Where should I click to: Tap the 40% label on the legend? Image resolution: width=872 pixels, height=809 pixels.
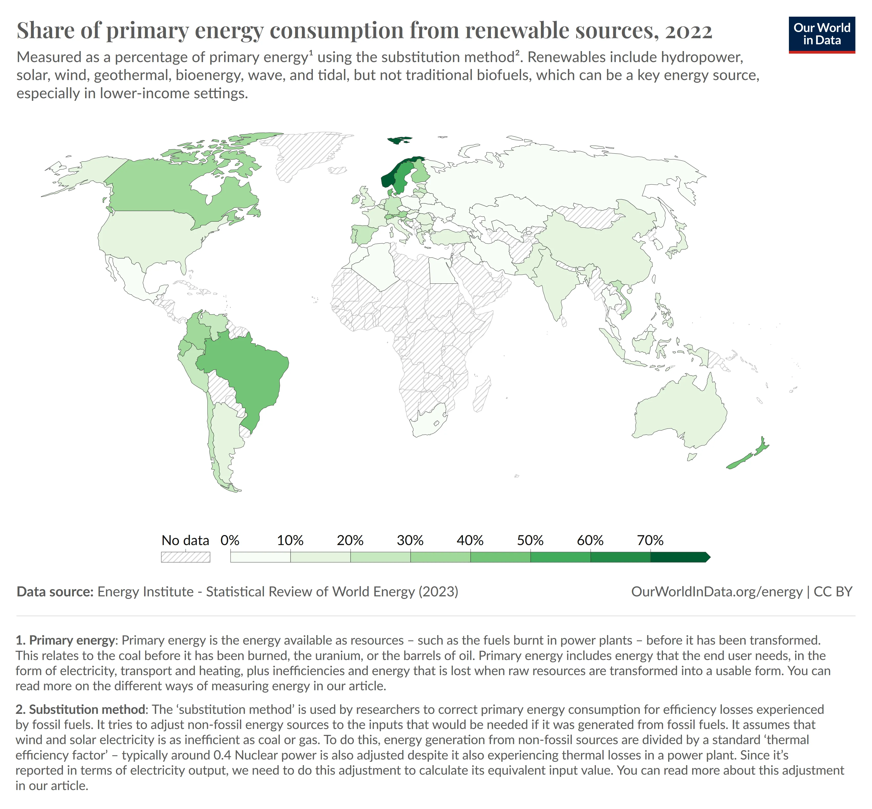[x=470, y=540]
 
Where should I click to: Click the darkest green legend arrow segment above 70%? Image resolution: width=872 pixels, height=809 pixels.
[x=679, y=557]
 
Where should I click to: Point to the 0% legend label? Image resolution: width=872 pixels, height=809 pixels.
[x=230, y=540]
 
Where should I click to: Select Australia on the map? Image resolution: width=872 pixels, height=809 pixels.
[x=679, y=411]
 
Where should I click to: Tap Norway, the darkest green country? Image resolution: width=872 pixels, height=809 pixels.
[x=388, y=180]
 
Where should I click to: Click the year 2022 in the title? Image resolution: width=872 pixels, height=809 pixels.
[x=689, y=31]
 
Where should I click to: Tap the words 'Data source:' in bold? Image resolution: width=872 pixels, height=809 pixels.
[x=55, y=592]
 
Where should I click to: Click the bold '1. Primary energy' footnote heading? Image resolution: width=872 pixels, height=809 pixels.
[x=66, y=640]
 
